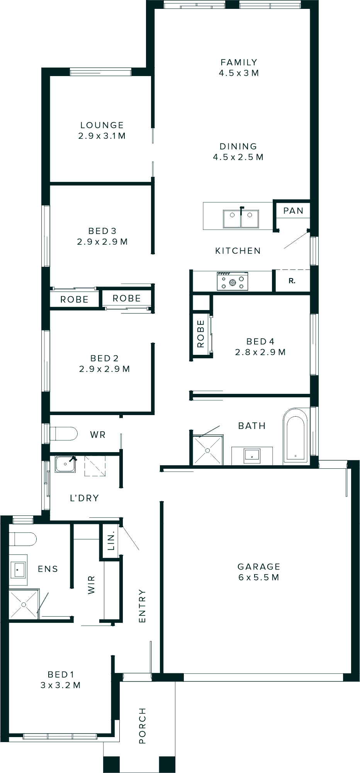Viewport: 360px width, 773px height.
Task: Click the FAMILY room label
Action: [x=239, y=62]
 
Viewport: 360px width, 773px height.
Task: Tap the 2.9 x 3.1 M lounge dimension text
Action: [x=102, y=136]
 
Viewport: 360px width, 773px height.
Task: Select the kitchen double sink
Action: [x=241, y=219]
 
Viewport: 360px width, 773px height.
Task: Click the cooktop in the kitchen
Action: [x=232, y=281]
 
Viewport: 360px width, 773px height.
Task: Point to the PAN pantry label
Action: [x=293, y=211]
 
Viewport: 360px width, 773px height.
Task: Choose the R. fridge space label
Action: [x=292, y=281]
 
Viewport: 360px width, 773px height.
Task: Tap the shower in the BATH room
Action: [x=208, y=450]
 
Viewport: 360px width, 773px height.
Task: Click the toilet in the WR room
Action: [x=63, y=434]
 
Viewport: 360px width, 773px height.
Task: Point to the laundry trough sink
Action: [x=65, y=464]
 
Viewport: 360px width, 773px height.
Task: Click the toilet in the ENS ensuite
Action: [x=23, y=539]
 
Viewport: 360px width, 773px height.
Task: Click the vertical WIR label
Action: [x=91, y=585]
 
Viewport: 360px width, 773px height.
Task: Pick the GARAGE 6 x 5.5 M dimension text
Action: [x=258, y=577]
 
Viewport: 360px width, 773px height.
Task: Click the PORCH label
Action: [x=142, y=726]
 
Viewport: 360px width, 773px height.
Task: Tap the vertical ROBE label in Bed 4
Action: [x=200, y=334]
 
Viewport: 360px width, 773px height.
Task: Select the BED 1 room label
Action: [x=61, y=674]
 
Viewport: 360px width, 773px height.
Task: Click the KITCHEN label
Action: [x=238, y=251]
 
